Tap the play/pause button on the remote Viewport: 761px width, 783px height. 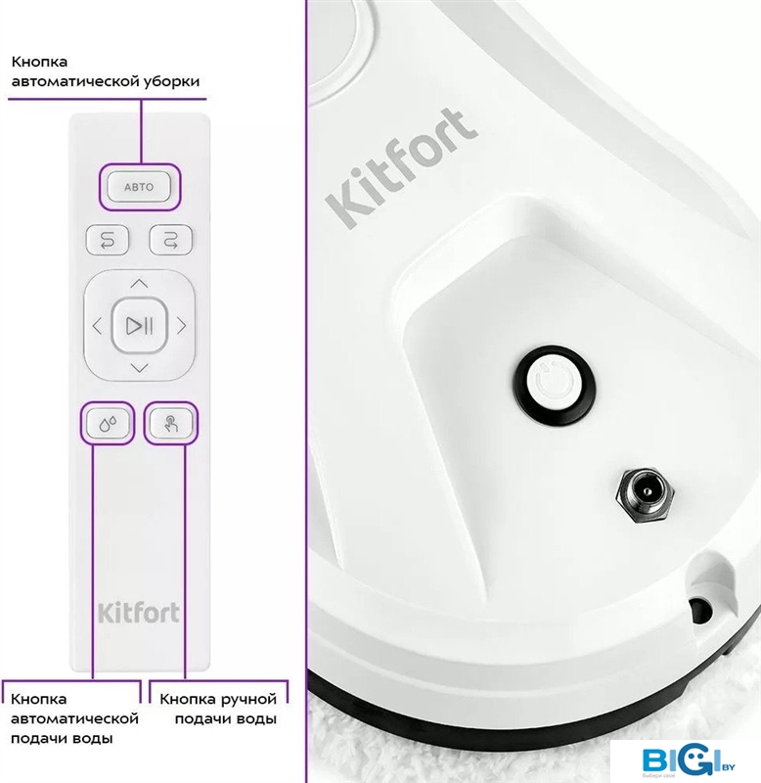point(139,326)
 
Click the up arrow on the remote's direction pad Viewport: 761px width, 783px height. point(139,284)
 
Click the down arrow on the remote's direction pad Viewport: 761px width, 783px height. point(139,369)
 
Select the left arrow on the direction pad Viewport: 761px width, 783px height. point(97,326)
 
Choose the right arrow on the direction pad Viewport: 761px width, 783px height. point(182,326)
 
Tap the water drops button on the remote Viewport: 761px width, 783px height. point(108,424)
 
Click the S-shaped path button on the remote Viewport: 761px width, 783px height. point(108,240)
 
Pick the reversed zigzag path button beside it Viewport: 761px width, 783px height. point(170,240)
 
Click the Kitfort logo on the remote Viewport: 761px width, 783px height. point(139,614)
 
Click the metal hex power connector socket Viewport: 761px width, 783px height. point(645,495)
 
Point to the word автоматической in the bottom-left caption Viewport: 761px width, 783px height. point(74,718)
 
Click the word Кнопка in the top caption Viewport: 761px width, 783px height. point(39,62)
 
